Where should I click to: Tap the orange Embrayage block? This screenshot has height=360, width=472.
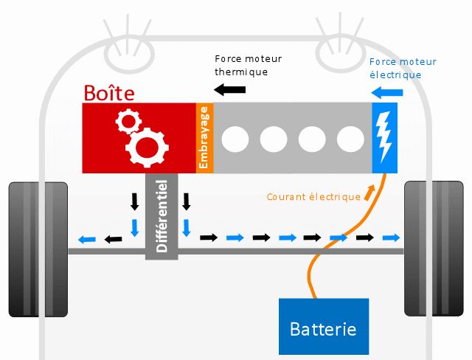[204, 138]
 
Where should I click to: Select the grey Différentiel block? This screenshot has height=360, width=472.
[162, 216]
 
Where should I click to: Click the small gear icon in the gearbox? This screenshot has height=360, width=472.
[128, 122]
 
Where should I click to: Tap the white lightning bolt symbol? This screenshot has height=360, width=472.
[384, 138]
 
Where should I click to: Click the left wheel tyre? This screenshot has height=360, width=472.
[37, 249]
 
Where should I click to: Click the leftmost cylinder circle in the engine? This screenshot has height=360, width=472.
[235, 138]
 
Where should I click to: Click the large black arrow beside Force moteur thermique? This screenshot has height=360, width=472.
[229, 89]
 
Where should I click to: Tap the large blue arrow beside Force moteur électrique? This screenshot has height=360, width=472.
[386, 92]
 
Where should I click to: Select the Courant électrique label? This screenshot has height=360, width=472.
[313, 197]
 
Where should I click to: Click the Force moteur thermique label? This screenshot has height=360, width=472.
[248, 65]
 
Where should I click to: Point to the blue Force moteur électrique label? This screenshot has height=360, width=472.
[403, 68]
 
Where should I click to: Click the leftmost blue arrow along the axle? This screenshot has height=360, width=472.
[86, 238]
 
